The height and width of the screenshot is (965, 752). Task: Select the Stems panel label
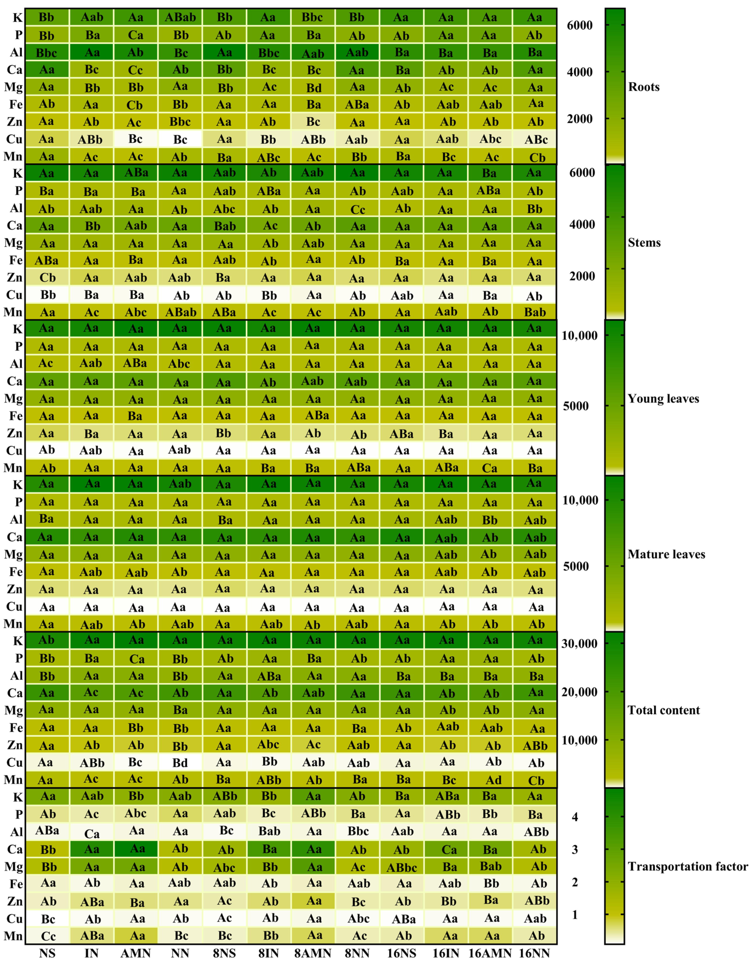click(644, 242)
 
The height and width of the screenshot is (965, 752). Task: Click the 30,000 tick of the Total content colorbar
click(579, 643)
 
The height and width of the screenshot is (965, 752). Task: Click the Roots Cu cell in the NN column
click(180, 139)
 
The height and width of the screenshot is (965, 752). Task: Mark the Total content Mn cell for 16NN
click(535, 780)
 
